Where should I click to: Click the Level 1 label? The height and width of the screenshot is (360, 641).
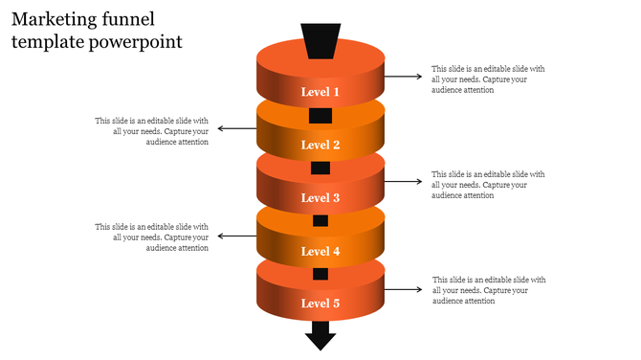pyautogui.click(x=320, y=92)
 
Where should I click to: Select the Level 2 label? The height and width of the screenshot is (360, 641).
pyautogui.click(x=320, y=146)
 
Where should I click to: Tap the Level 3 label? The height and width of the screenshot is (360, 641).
pyautogui.click(x=320, y=198)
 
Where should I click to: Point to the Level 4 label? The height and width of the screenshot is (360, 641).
pyautogui.click(x=320, y=252)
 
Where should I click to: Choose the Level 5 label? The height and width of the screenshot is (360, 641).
pyautogui.click(x=320, y=304)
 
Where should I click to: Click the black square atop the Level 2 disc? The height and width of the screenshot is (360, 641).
pyautogui.click(x=320, y=116)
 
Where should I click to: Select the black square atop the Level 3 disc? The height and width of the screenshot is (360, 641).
pyautogui.click(x=320, y=169)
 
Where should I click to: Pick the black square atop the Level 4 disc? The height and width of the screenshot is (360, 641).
pyautogui.click(x=320, y=221)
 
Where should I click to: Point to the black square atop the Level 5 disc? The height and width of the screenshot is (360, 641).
pyautogui.click(x=320, y=274)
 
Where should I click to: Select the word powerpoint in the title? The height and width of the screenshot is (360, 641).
pyautogui.click(x=133, y=42)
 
